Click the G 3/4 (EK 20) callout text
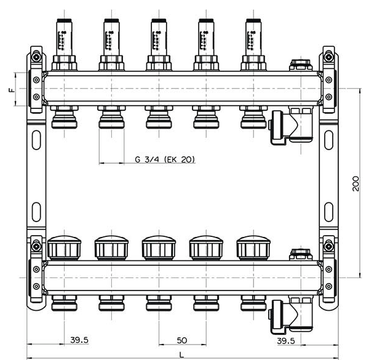pyautogui.click(x=165, y=159)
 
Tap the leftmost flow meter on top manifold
pyautogui.click(x=63, y=36)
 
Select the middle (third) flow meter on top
pyautogui.click(x=159, y=36)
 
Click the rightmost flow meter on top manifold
pyautogui.click(x=253, y=36)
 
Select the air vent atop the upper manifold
pyautogui.click(x=301, y=65)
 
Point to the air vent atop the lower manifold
pyautogui.click(x=301, y=253)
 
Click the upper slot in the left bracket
pyautogui.click(x=36, y=135)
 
